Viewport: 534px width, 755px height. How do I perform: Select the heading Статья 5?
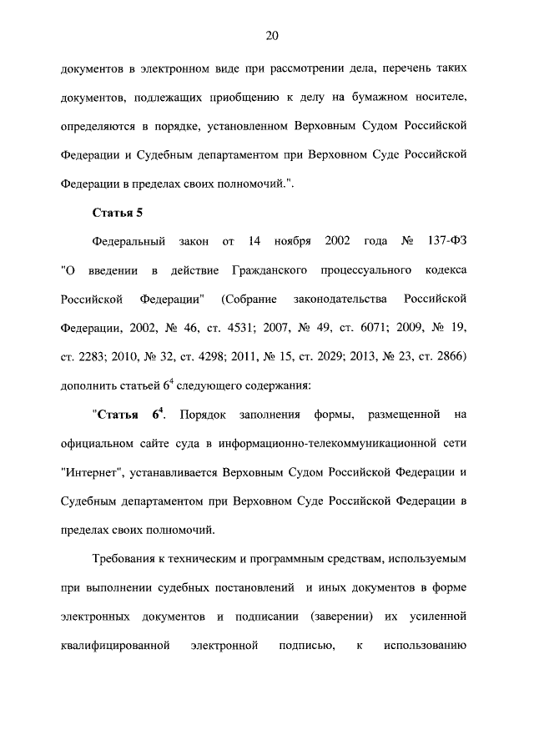coord(118,212)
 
